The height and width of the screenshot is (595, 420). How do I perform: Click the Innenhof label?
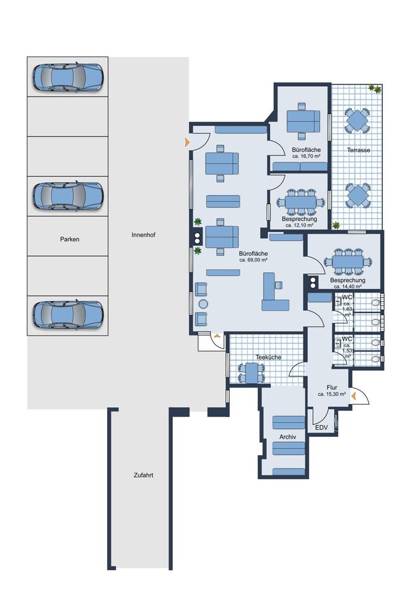click(144, 235)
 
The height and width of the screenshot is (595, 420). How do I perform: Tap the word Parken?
click(70, 239)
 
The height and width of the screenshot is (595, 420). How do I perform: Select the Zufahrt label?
click(144, 475)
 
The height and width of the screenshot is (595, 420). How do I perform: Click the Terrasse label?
click(359, 150)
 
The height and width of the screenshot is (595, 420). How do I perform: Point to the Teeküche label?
click(268, 357)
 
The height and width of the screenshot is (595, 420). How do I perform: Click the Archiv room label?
click(287, 437)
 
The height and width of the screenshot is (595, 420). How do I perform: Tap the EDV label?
click(322, 428)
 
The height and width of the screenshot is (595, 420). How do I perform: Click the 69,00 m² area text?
click(253, 260)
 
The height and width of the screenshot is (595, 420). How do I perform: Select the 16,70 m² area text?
click(307, 156)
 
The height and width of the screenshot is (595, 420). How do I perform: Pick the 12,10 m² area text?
click(299, 225)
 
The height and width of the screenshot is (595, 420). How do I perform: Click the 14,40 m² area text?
click(348, 286)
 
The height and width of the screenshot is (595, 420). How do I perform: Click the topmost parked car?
click(68, 77)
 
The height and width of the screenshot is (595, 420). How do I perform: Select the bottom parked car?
click(68, 314)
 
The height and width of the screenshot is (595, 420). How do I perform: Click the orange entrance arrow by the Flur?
click(354, 397)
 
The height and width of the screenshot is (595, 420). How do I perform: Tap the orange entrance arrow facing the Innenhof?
click(187, 143)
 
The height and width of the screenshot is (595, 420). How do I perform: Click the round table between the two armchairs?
click(203, 304)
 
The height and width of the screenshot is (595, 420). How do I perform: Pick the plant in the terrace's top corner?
click(375, 89)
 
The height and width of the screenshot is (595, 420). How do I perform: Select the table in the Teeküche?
click(251, 373)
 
